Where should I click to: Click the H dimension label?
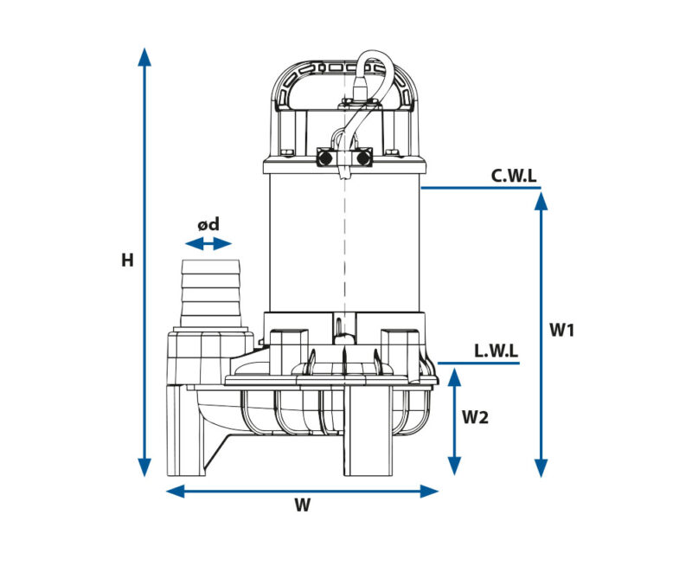click(x=127, y=260)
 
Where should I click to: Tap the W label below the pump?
click(x=302, y=505)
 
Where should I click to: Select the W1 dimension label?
click(x=561, y=330)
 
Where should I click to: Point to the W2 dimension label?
click(x=475, y=417)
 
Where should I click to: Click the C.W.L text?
click(x=514, y=176)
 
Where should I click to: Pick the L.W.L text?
click(x=496, y=351)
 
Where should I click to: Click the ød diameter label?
click(x=208, y=224)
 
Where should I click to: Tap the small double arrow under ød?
click(x=208, y=243)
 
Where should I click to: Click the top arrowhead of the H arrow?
click(x=144, y=57)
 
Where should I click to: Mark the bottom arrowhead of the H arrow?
click(x=144, y=467)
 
